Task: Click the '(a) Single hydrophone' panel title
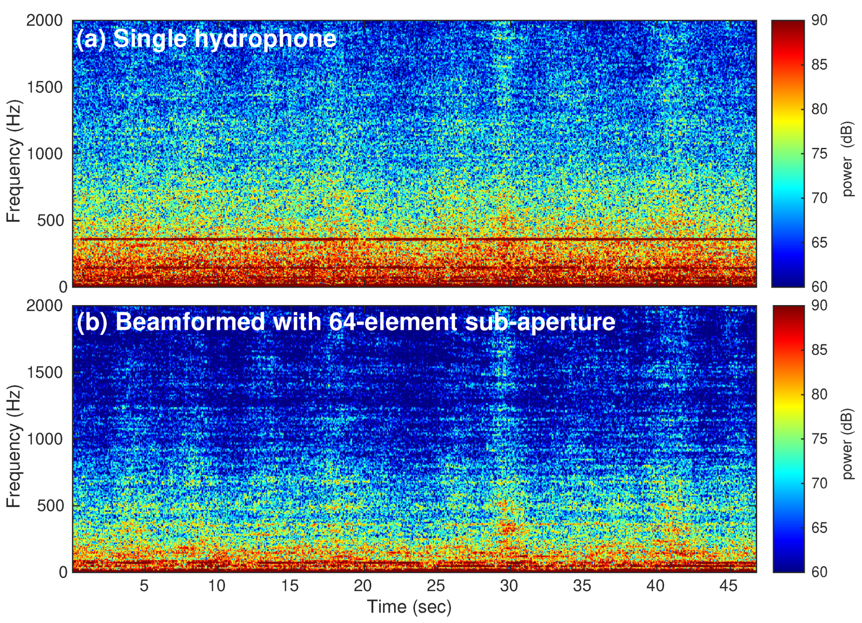tap(206, 39)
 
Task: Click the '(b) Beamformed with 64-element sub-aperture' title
tap(345, 322)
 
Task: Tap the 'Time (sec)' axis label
tap(409, 607)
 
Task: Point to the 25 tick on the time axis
tap(436, 586)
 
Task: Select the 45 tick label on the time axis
tap(728, 586)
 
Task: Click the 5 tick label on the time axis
tap(144, 586)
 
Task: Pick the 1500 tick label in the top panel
tap(45, 87)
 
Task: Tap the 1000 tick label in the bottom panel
tap(45, 439)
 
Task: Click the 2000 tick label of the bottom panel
tap(45, 306)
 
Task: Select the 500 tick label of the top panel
tap(50, 221)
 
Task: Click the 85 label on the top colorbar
tap(819, 65)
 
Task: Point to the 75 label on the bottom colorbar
tap(819, 439)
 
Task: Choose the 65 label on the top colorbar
tap(819, 243)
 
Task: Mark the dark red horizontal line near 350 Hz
tap(402, 239)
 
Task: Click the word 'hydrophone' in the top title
tap(265, 39)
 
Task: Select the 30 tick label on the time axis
tap(509, 586)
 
